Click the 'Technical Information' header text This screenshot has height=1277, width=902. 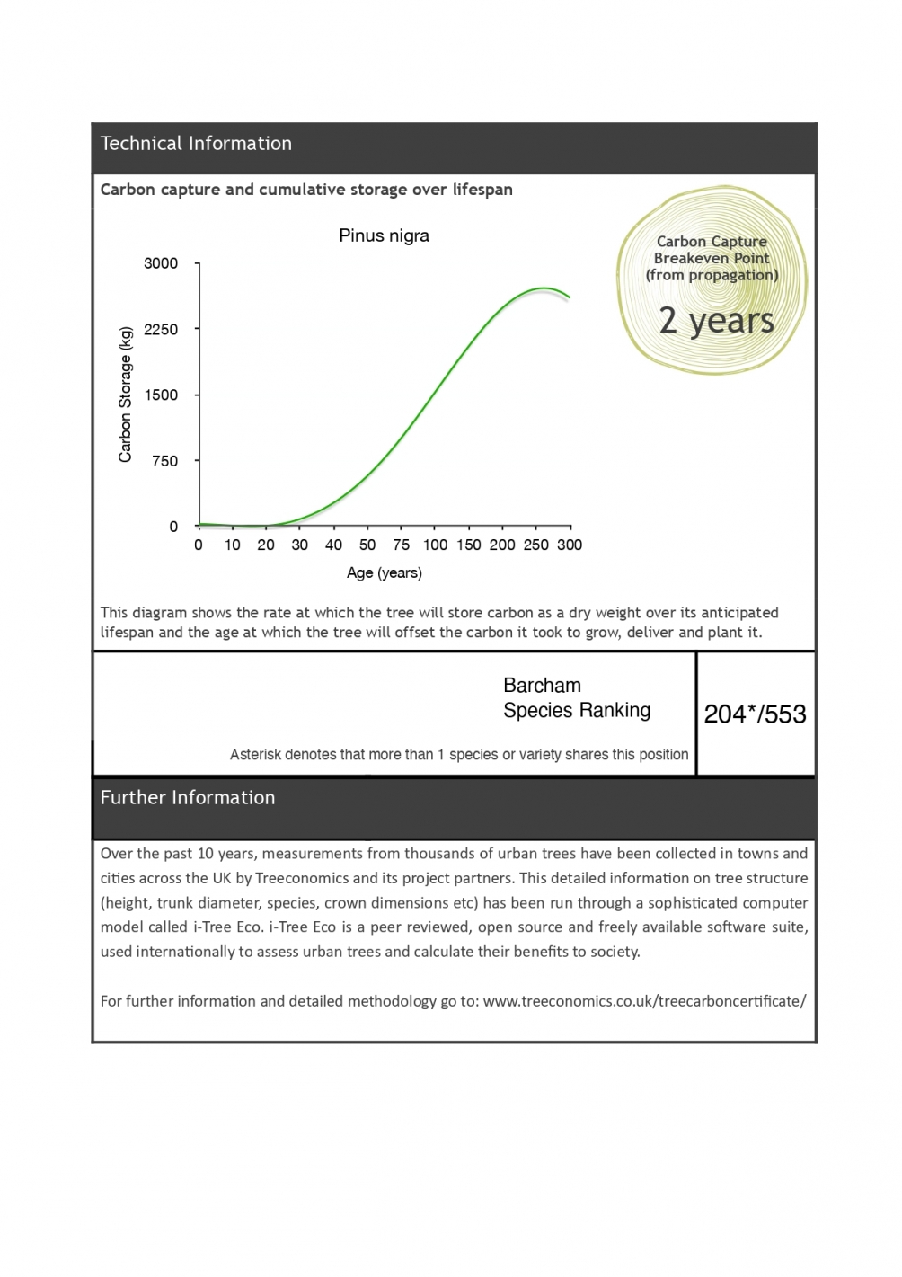coord(196,144)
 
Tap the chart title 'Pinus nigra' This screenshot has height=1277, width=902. coord(384,235)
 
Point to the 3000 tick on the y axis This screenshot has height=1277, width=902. coord(161,263)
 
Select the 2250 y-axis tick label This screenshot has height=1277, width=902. coord(161,329)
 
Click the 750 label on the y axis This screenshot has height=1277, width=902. coord(164,461)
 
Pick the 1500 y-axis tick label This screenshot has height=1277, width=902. coord(161,395)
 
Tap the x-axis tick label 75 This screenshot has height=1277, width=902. coord(401,545)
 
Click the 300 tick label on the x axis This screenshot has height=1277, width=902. coord(570,545)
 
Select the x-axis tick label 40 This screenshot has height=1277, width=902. coord(333,545)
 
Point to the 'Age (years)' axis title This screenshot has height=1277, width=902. coord(384,572)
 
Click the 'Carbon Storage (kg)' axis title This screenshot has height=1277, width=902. coord(126,395)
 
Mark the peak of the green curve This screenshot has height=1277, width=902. coord(544,288)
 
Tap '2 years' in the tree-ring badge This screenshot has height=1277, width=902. coord(716,321)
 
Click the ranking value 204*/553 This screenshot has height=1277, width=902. coord(755,714)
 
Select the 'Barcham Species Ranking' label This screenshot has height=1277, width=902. coord(576,698)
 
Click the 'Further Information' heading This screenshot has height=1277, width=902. coord(188,798)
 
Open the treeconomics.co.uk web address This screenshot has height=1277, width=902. coord(644,1001)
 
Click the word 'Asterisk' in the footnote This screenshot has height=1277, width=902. coord(254,755)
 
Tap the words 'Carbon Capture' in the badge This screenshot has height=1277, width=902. coord(712,242)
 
